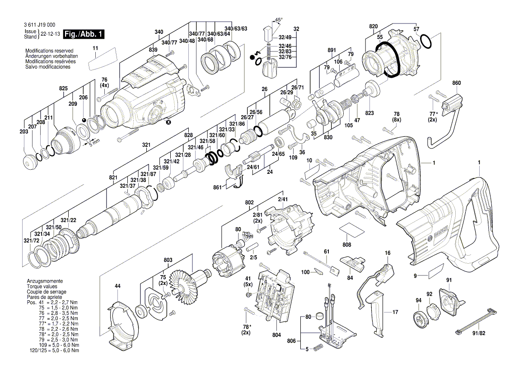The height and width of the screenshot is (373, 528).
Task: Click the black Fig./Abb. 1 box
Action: pos(84,34)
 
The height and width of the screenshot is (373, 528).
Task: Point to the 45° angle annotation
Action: pos(279,20)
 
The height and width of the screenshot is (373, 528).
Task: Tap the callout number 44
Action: pos(117,286)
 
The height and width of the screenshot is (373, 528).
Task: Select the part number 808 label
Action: pos(346,245)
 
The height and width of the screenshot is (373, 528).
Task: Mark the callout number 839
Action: pos(153,50)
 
